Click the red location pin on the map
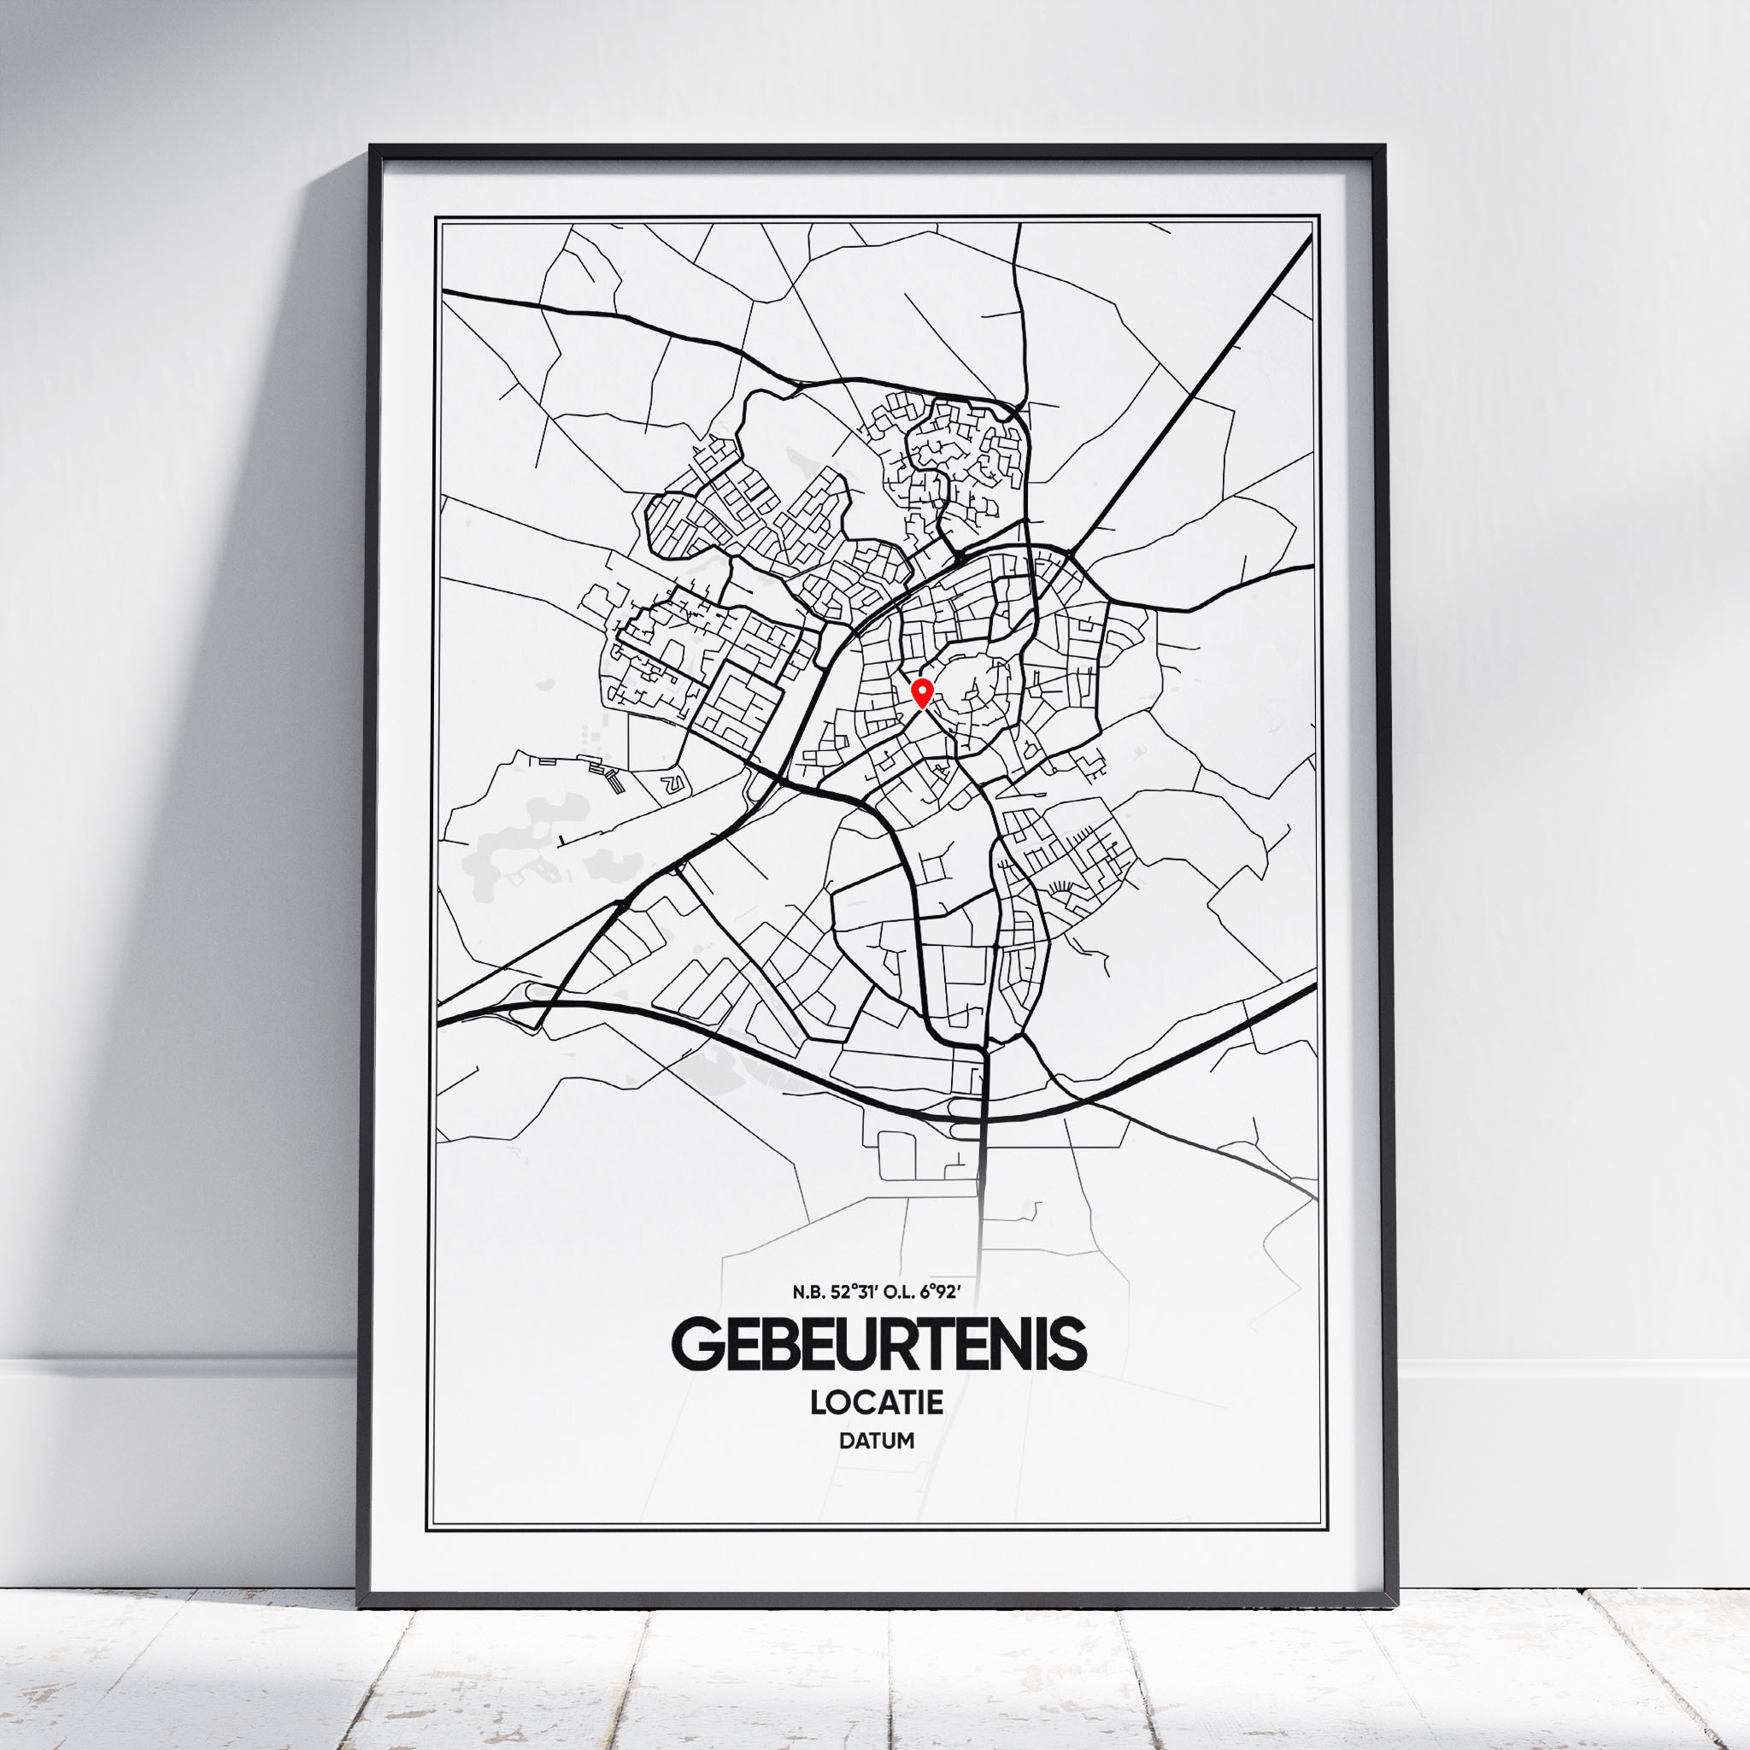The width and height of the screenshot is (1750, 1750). click(x=921, y=692)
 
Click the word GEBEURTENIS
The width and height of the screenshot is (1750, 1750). click(x=878, y=1345)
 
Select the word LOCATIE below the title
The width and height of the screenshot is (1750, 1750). click(x=877, y=1402)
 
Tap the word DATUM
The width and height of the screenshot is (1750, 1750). click(x=877, y=1440)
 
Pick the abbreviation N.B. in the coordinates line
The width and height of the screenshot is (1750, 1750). click(x=809, y=1293)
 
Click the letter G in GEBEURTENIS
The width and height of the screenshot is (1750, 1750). click(x=694, y=1345)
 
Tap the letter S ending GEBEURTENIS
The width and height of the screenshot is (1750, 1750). click(x=1066, y=1345)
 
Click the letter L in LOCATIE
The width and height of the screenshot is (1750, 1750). click(x=818, y=1402)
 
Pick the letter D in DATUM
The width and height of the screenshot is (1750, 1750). click(x=846, y=1440)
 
